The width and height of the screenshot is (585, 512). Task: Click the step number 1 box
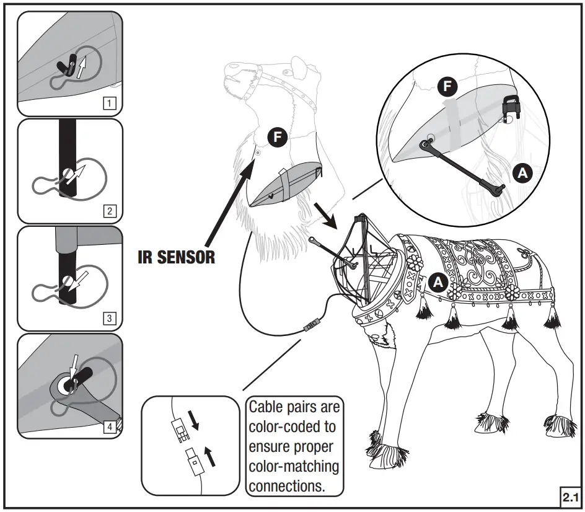coord(109,104)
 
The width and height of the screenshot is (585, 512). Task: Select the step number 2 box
coord(109,211)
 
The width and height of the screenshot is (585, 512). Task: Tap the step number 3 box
coord(109,319)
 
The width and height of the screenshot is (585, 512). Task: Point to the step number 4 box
coord(109,426)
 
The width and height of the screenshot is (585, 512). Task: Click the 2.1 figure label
coord(570,497)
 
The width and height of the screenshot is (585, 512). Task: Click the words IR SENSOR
coord(176,257)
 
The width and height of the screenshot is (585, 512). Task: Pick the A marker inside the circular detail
coord(524,174)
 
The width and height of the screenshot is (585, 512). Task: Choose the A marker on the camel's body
coord(438,281)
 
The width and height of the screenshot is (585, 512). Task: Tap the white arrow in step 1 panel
coord(81,64)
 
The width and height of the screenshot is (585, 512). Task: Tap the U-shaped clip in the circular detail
coord(510,108)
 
